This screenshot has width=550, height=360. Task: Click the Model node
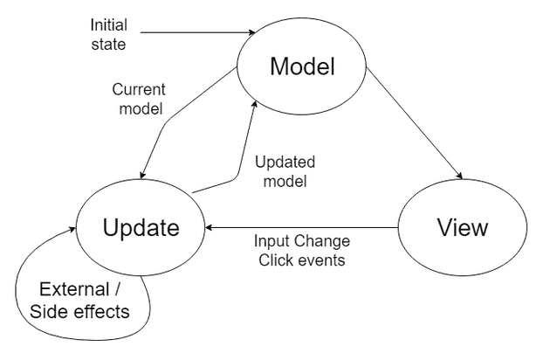coord(302,66)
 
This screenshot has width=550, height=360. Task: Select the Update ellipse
coord(141,228)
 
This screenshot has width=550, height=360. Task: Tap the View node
coord(463,228)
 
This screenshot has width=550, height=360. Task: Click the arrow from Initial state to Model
coord(196,33)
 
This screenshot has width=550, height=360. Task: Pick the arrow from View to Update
coord(301,228)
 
